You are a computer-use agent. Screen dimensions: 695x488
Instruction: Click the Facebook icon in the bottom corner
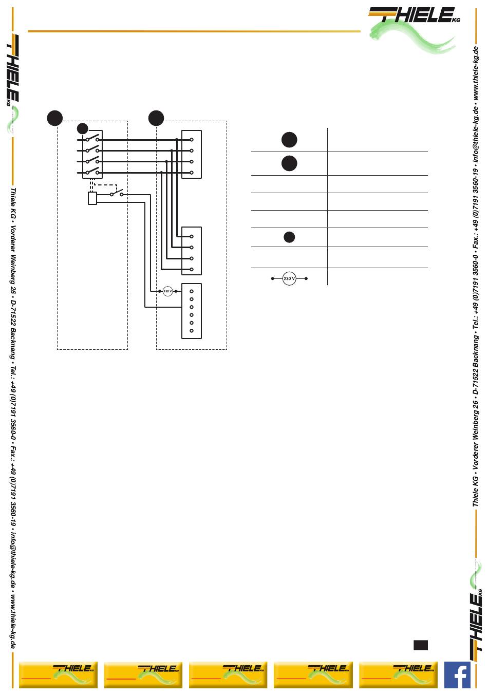(457, 674)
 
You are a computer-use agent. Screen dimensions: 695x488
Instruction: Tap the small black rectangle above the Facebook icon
(420, 645)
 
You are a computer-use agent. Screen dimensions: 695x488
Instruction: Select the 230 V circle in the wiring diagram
(167, 291)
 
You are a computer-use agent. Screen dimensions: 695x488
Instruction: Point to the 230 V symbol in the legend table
(289, 279)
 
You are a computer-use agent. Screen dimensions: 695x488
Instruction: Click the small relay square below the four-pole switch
(92, 198)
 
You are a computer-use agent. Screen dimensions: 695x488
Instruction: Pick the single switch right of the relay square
(117, 194)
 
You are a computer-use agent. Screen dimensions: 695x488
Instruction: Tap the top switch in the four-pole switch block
(92, 139)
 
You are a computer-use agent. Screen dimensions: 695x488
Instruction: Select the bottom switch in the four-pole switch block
(92, 172)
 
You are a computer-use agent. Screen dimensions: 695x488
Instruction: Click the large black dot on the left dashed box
(55, 118)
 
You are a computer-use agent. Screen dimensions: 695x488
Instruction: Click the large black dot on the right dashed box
(156, 118)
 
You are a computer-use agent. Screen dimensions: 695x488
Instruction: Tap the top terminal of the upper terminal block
(191, 140)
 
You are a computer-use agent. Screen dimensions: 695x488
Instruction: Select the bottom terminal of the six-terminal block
(191, 331)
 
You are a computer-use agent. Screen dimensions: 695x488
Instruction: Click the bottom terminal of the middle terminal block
(191, 269)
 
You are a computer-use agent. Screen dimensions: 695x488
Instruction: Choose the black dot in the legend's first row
(289, 140)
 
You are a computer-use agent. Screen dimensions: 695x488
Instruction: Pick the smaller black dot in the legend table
(289, 237)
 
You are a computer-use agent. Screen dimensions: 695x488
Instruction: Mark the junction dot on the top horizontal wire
(177, 140)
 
